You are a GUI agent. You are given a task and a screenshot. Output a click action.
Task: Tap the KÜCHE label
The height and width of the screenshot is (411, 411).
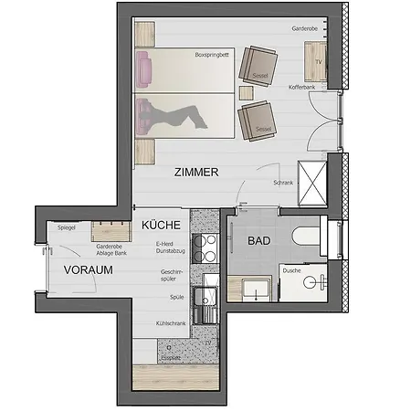(160, 224)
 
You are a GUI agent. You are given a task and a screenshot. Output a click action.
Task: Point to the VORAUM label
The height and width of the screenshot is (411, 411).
(88, 270)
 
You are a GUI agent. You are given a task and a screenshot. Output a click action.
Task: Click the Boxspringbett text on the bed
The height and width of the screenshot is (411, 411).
(211, 56)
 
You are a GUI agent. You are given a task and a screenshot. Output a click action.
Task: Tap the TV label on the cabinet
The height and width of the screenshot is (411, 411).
(318, 61)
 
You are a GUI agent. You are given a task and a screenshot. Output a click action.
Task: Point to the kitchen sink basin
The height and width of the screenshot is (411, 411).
(208, 296)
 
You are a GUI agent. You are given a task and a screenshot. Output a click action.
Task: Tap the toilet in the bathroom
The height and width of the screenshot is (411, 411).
(304, 238)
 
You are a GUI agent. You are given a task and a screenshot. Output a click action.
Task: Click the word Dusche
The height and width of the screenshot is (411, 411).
(292, 270)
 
